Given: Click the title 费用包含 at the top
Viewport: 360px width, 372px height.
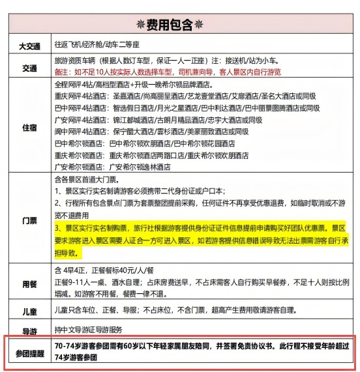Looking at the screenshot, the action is (179, 25).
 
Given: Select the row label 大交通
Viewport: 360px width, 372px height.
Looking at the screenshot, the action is (29, 46).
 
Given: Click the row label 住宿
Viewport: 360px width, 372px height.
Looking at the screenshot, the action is (29, 127).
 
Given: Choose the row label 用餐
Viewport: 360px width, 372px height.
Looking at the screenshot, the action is (29, 284).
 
